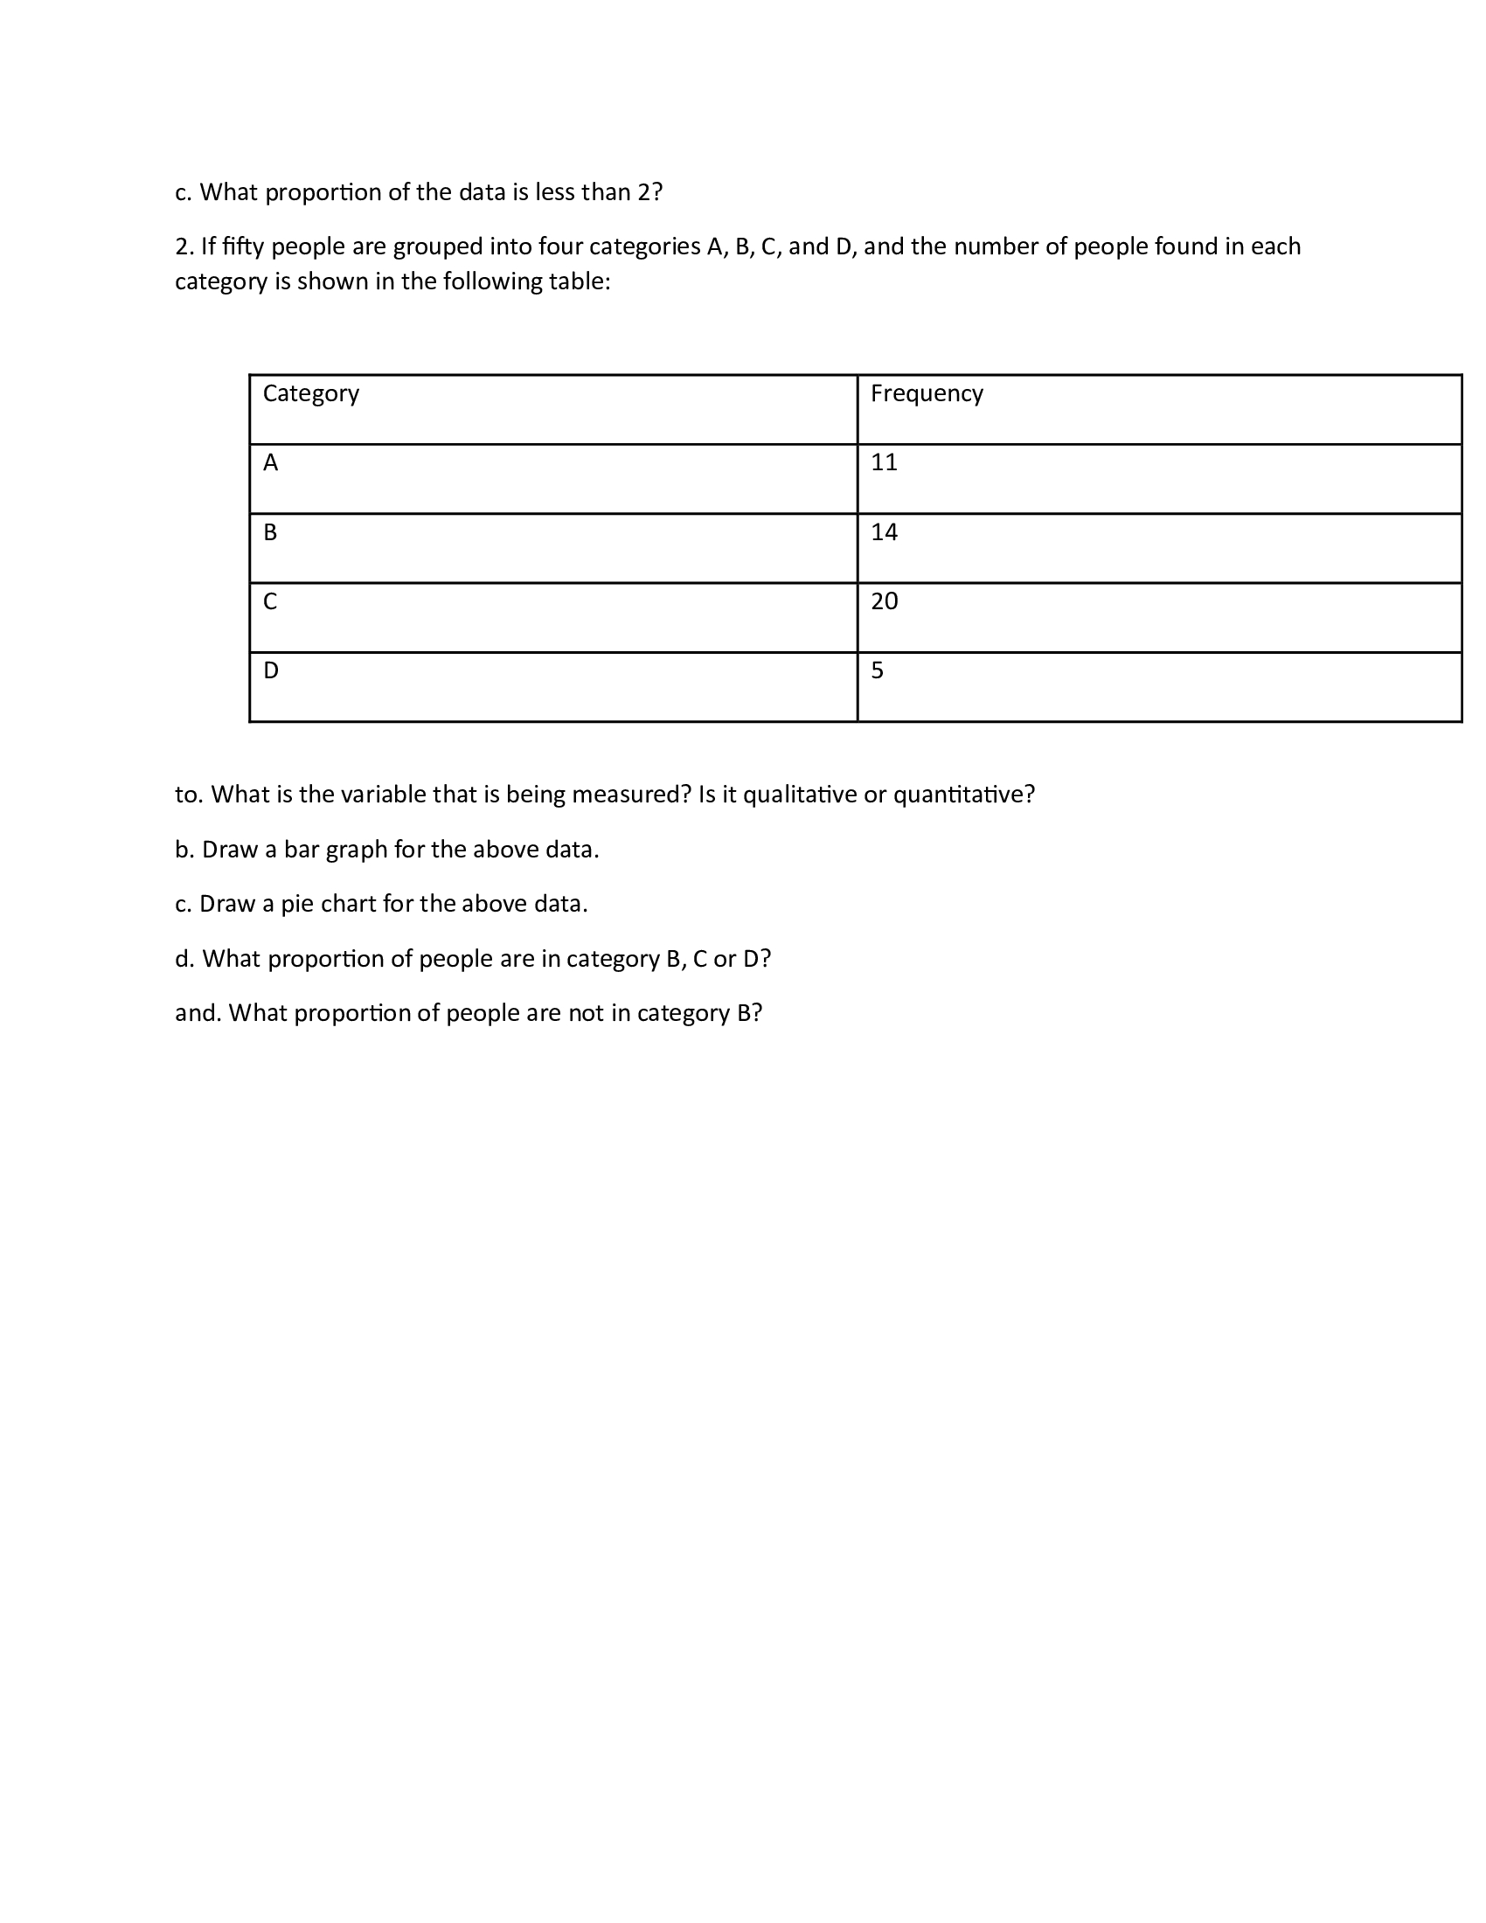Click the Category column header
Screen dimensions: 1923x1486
pos(311,393)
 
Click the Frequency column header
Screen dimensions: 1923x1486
pos(926,393)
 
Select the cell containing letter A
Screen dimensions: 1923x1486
pos(270,462)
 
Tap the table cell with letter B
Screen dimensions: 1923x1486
pos(270,531)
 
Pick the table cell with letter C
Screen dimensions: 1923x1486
pos(270,601)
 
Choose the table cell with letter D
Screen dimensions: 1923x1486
pos(270,671)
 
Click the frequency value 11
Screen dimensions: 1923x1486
pos(884,462)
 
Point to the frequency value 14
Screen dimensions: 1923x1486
pos(884,531)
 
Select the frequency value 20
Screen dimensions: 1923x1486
pos(884,601)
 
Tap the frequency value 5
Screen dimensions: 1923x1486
pos(877,671)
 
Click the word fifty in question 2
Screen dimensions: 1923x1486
pos(243,246)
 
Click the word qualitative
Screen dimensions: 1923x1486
pos(799,795)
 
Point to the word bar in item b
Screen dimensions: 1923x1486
pos(301,850)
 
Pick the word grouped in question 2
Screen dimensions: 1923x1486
pos(438,246)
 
